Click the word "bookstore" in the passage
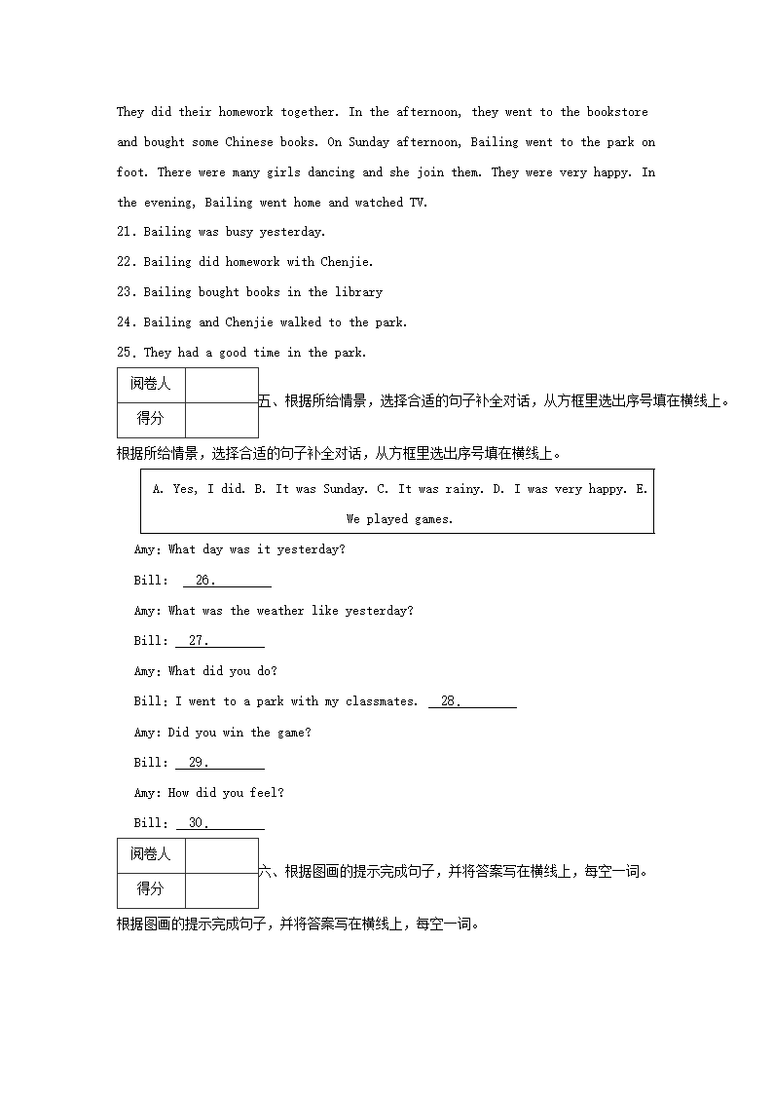pyautogui.click(x=617, y=112)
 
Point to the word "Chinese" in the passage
pyautogui.click(x=249, y=142)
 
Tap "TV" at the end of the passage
pyautogui.click(x=420, y=203)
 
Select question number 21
pyautogui.click(x=127, y=232)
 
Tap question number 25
pyautogui.click(x=127, y=353)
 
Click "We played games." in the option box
pyautogui.click(x=399, y=519)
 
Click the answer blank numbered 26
pyautogui.click(x=227, y=581)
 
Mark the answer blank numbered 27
pyautogui.click(x=220, y=641)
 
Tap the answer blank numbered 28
pyautogui.click(x=472, y=701)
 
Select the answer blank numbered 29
pyautogui.click(x=220, y=763)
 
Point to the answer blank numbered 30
pyautogui.click(x=220, y=823)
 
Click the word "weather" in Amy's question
pyautogui.click(x=280, y=611)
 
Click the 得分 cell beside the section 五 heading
pyautogui.click(x=150, y=418)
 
